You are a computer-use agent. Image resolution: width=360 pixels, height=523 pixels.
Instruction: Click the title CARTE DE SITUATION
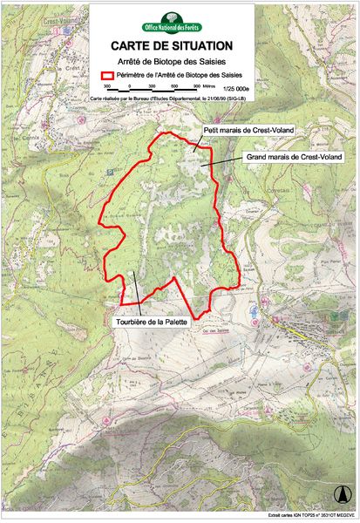point(170,44)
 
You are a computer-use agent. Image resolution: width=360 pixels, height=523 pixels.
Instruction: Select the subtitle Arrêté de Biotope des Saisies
point(170,60)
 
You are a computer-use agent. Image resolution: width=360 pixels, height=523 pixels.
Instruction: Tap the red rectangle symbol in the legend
point(108,75)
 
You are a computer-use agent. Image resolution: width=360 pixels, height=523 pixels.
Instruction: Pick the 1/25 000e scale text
point(235,88)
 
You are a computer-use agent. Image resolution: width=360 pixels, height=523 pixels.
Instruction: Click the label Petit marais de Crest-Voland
point(245,130)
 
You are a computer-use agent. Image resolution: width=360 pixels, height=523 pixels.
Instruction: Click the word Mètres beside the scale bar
point(210,86)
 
